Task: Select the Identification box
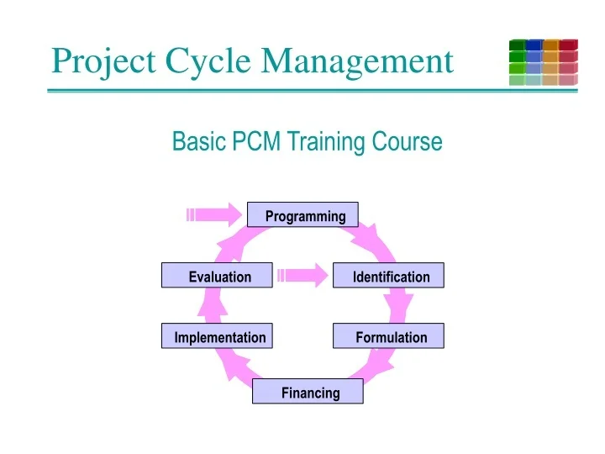tap(388, 276)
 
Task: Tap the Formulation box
tap(388, 336)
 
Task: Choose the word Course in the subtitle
tap(409, 141)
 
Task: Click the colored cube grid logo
tap(543, 62)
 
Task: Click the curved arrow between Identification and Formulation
tap(401, 306)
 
